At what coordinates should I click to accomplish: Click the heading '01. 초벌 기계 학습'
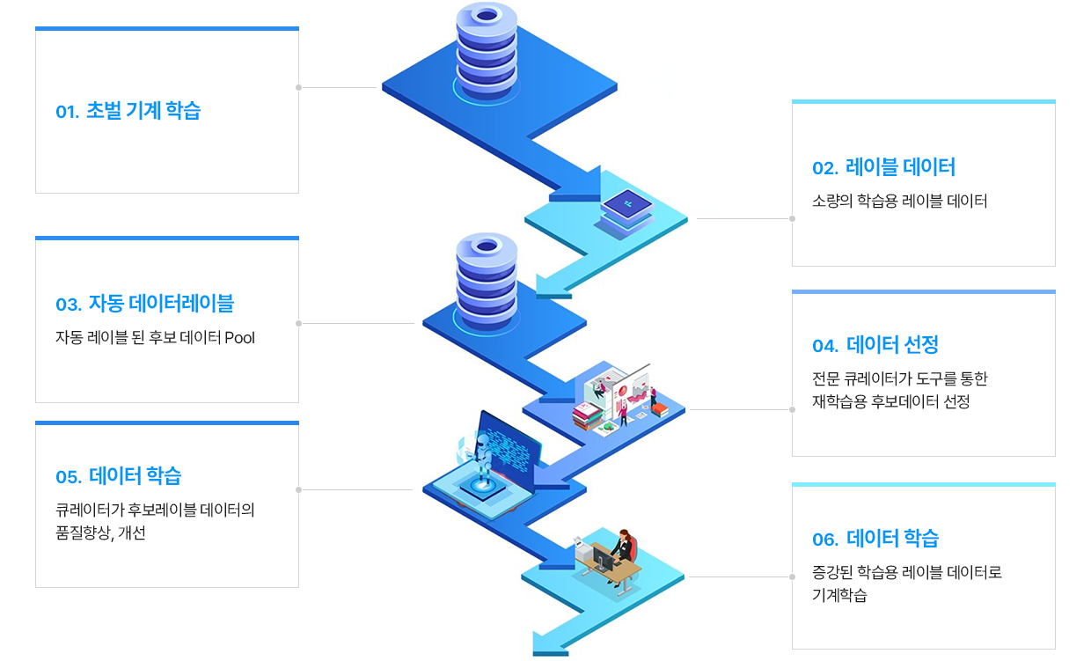[x=128, y=111]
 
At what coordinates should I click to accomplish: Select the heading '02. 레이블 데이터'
[x=883, y=167]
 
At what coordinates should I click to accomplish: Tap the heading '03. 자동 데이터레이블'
[x=144, y=303]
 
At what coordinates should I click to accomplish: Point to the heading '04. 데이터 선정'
[x=875, y=345]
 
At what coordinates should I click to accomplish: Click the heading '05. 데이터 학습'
[x=119, y=475]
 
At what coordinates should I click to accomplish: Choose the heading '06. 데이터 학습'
[x=875, y=539]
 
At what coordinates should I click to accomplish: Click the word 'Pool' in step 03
[x=239, y=338]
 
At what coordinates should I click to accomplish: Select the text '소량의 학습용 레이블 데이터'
[x=899, y=201]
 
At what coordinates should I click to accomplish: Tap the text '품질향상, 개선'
[x=100, y=532]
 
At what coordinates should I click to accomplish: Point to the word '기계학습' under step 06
[x=839, y=595]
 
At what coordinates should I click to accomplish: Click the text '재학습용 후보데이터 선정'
[x=890, y=401]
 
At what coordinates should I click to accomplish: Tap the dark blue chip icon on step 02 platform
[x=626, y=203]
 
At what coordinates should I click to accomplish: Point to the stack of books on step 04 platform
[x=588, y=416]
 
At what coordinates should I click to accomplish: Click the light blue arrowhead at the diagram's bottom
[x=548, y=644]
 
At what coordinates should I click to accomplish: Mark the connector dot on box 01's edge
[x=298, y=88]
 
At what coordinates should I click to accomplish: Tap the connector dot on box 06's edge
[x=793, y=577]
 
